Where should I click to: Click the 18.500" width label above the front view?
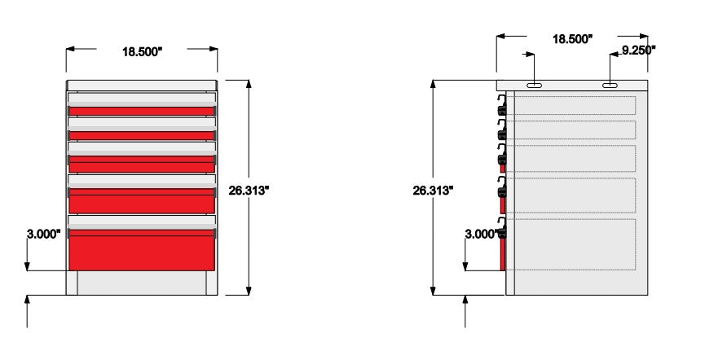[142, 51]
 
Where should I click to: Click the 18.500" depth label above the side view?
[572, 39]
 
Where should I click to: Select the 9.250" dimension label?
[638, 50]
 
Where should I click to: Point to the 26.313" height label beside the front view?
[249, 191]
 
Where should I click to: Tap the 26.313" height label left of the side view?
[433, 191]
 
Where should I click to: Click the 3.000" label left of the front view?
[44, 234]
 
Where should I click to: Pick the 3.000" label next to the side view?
[482, 234]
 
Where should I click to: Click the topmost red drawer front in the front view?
[142, 111]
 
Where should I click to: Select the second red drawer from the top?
[142, 135]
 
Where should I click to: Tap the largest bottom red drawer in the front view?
[142, 250]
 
